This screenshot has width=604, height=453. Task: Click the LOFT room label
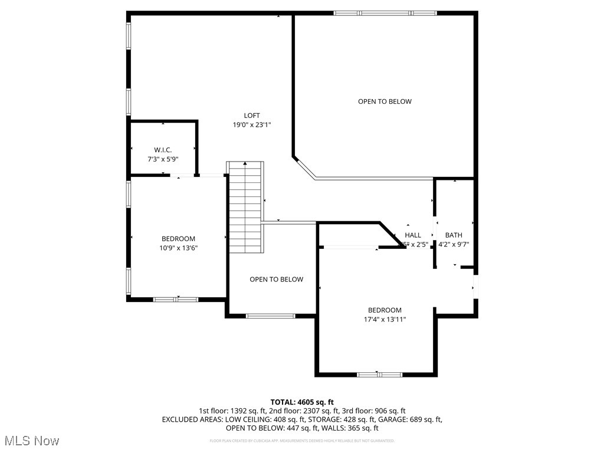click(252, 116)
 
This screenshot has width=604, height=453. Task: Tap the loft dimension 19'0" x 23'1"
click(252, 125)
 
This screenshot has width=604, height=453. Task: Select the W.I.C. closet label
click(163, 150)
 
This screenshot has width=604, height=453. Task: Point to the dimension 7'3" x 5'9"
click(163, 159)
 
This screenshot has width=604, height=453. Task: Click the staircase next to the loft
click(245, 206)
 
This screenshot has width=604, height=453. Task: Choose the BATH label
click(454, 235)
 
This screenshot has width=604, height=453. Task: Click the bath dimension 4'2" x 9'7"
click(454, 244)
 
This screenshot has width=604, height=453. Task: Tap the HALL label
click(413, 235)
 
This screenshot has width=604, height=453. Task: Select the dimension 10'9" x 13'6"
click(178, 248)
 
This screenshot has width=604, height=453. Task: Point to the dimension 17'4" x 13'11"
click(385, 320)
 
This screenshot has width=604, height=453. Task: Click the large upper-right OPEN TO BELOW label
click(385, 101)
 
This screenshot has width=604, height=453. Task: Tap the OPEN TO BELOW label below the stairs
click(276, 280)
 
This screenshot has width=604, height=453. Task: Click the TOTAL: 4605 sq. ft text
click(302, 402)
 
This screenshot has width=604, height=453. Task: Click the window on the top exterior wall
click(385, 12)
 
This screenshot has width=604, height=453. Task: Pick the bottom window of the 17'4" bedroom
click(379, 374)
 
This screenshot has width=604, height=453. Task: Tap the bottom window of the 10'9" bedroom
click(175, 299)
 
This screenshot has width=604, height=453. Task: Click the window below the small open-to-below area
click(270, 316)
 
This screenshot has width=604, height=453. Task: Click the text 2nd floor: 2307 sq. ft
click(301, 411)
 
